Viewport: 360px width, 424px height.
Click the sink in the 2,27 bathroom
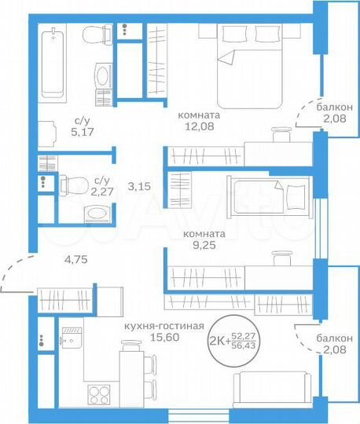97,213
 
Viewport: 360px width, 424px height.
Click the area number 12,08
199,126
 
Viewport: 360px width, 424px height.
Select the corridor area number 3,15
138,186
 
